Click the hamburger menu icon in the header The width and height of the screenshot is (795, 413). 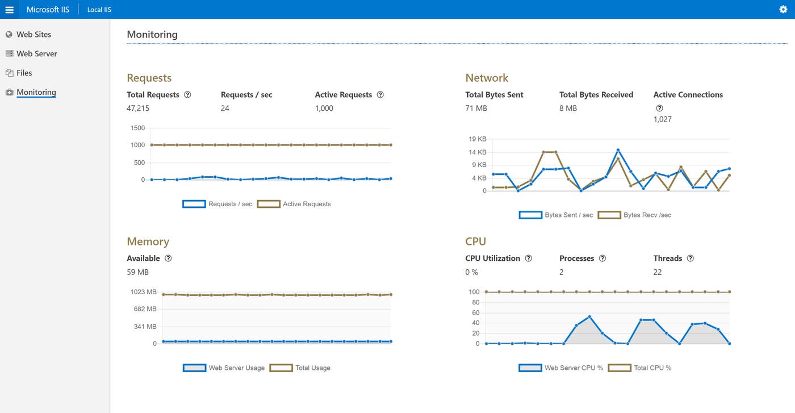pos(9,10)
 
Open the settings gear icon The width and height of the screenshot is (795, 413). pos(783,10)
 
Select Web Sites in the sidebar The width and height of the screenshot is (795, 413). pos(34,35)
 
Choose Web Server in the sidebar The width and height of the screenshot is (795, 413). pos(36,54)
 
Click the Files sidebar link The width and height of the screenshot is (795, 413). pos(24,73)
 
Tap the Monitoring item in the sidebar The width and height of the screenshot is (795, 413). pos(36,93)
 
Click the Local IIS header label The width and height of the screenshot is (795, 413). pos(99,10)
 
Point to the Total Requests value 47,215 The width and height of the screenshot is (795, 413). pos(138,109)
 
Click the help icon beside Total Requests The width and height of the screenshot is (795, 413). pos(187,95)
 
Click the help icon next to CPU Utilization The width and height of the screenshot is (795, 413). pos(528,258)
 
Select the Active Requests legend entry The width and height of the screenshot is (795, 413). pos(294,204)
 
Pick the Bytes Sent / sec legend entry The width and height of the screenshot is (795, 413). pos(556,215)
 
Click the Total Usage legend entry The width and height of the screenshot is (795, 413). pos(300,368)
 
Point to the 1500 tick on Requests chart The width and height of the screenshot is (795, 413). pos(137,128)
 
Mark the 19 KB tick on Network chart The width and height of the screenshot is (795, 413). pos(478,139)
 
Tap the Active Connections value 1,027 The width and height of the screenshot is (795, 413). pos(663,120)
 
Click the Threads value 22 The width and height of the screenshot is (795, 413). pos(658,272)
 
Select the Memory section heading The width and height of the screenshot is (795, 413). pos(148,242)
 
